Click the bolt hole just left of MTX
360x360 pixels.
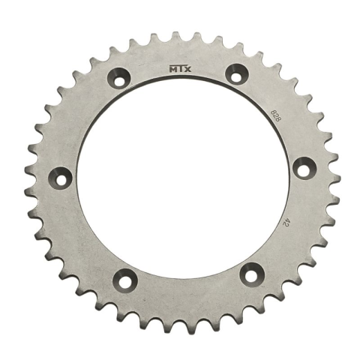click(x=118, y=77)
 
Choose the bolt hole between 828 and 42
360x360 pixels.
click(x=301, y=168)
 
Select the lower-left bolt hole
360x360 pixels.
click(x=124, y=280)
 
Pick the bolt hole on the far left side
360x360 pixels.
click(x=59, y=178)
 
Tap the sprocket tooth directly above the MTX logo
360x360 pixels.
click(x=178, y=38)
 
